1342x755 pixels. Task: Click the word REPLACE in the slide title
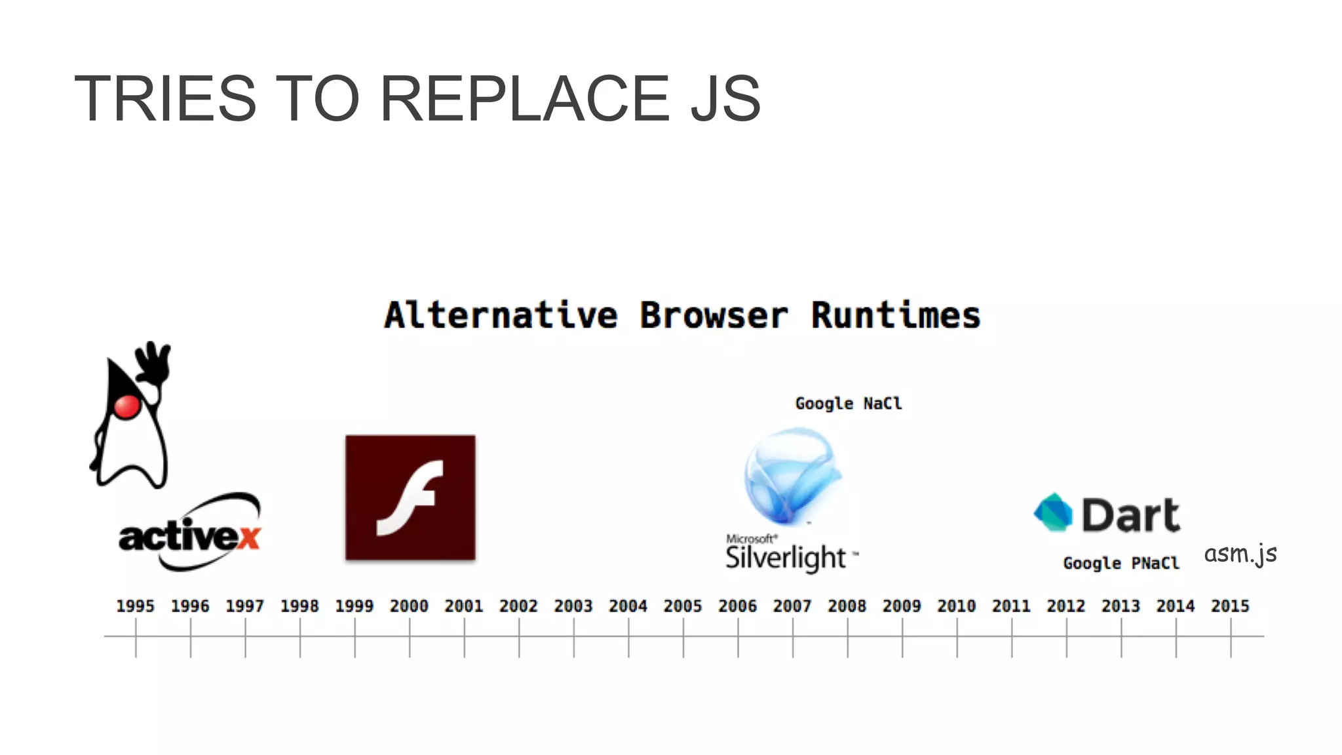[524, 98]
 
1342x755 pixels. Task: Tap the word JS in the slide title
[725, 98]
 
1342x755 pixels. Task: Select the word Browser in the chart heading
[713, 315]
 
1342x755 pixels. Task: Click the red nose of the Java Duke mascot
[127, 406]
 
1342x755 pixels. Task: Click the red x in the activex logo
[249, 537]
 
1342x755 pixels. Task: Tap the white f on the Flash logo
[411, 497]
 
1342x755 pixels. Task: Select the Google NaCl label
[848, 403]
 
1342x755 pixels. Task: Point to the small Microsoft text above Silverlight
[751, 539]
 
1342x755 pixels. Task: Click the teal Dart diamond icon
[1053, 513]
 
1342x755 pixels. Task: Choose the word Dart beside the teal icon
[1130, 515]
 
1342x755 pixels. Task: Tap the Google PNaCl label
[1121, 563]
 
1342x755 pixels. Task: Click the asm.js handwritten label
[1240, 554]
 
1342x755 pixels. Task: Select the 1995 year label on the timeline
[135, 606]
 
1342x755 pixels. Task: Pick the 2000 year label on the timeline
[409, 606]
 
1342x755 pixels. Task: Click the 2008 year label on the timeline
[847, 606]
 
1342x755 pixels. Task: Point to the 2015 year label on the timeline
[1230, 606]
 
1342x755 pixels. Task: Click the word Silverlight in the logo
[786, 558]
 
